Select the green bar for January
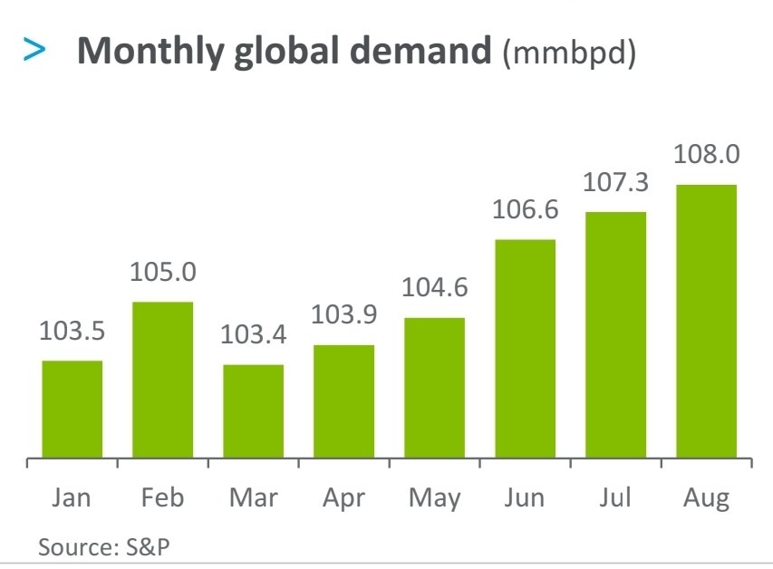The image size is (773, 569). point(72,410)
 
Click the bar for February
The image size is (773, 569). point(163,381)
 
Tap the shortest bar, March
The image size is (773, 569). point(254,412)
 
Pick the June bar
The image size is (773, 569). point(525,349)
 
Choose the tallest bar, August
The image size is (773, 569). point(706,322)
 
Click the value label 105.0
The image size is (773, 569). point(163,272)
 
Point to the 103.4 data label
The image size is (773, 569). point(254,335)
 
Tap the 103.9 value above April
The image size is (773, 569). point(343,315)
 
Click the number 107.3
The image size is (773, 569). point(615,182)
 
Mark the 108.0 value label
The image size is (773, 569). point(706,155)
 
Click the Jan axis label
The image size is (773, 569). point(72,497)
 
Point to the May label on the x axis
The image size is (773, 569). point(434,498)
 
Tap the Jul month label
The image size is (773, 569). point(615,497)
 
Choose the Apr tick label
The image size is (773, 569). point(343,498)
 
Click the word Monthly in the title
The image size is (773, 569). point(150,53)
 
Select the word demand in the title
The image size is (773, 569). point(426,53)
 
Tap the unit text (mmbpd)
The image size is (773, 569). point(568,53)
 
